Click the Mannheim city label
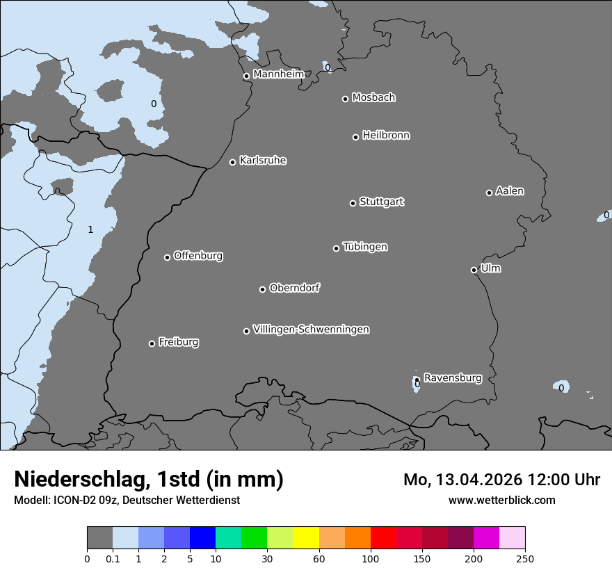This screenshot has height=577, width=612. [278, 74]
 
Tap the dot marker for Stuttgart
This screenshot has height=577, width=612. [353, 203]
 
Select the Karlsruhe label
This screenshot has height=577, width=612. [262, 161]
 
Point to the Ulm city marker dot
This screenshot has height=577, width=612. [474, 270]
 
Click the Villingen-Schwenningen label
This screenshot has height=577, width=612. [311, 330]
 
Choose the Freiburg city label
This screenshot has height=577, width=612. [178, 342]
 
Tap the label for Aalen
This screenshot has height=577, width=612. [510, 191]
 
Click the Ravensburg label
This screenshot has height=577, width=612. [452, 378]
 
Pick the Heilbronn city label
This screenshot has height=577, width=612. [386, 136]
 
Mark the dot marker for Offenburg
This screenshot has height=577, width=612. [167, 257]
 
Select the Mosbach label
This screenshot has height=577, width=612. [373, 98]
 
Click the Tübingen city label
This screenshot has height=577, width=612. [365, 247]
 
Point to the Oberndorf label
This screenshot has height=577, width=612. [294, 288]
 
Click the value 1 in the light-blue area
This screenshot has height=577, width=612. [90, 229]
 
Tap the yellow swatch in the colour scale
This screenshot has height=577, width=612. [306, 538]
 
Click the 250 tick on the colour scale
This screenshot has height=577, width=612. [525, 558]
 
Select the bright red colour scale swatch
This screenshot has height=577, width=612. [383, 538]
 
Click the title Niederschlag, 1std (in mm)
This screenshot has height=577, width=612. [149, 480]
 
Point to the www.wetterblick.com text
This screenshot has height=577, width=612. [501, 500]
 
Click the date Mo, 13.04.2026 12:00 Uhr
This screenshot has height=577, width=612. [501, 480]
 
